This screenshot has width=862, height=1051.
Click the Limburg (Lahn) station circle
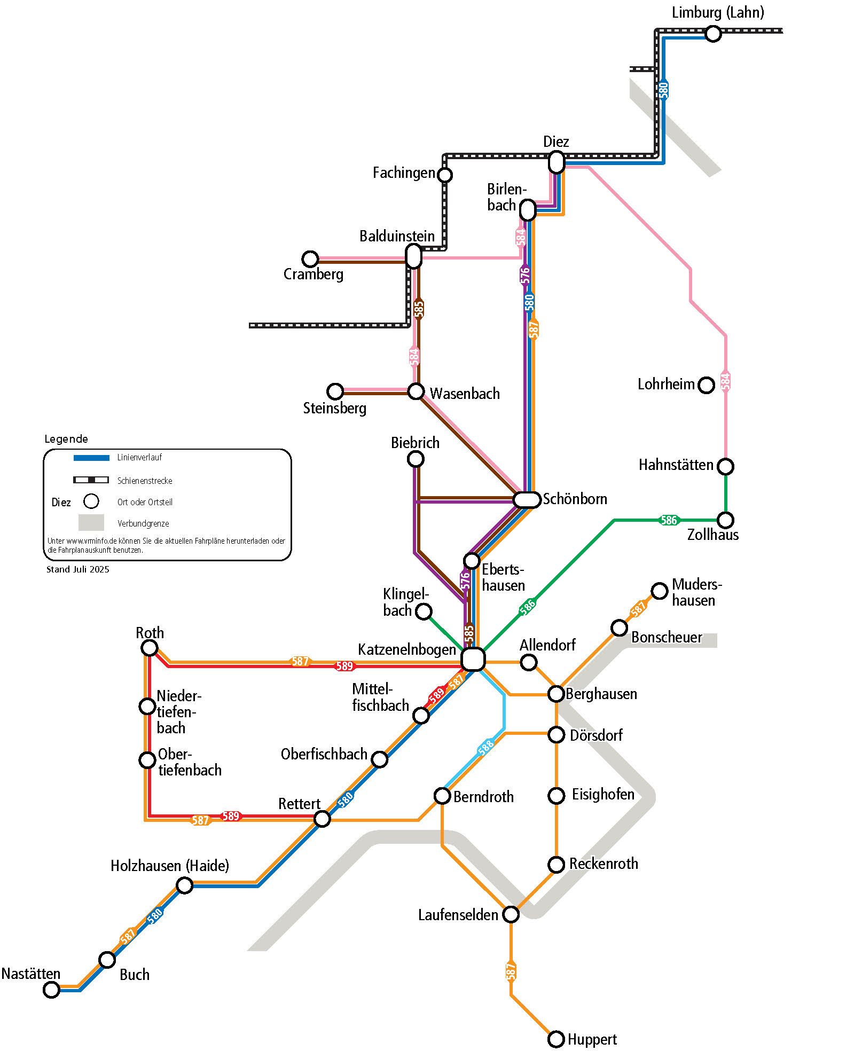click(x=712, y=34)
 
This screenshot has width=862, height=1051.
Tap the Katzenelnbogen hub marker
click(x=473, y=659)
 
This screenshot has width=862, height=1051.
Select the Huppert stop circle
click(x=556, y=1039)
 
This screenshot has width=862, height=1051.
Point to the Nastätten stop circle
click(x=51, y=990)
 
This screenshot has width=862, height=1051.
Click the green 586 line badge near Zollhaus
click(x=669, y=520)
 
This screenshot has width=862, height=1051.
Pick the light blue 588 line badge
click(x=485, y=747)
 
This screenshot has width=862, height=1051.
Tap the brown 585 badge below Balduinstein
click(x=419, y=309)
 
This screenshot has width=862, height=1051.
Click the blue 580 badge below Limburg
click(x=663, y=90)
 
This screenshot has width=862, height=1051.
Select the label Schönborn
click(x=575, y=499)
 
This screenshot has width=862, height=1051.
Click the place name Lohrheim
click(x=666, y=384)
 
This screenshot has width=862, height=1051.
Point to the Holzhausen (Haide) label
click(x=170, y=865)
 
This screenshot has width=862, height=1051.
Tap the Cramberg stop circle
click(x=310, y=259)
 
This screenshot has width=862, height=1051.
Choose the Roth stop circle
click(x=150, y=648)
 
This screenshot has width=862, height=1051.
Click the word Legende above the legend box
click(x=66, y=439)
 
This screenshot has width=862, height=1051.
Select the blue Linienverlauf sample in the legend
click(x=91, y=458)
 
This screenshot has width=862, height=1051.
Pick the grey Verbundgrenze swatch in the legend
click(x=91, y=522)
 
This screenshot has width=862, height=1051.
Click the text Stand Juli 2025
click(x=78, y=569)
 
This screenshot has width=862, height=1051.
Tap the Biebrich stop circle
click(x=416, y=459)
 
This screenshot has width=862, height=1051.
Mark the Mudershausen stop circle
click(x=660, y=591)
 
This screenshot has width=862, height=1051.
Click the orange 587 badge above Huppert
click(x=511, y=971)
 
